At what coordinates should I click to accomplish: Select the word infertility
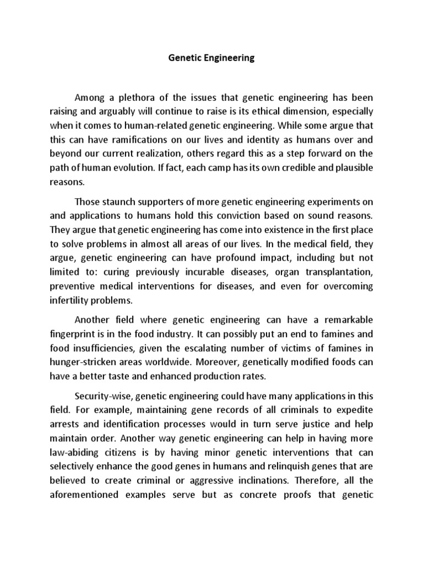pyautogui.click(x=73, y=300)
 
